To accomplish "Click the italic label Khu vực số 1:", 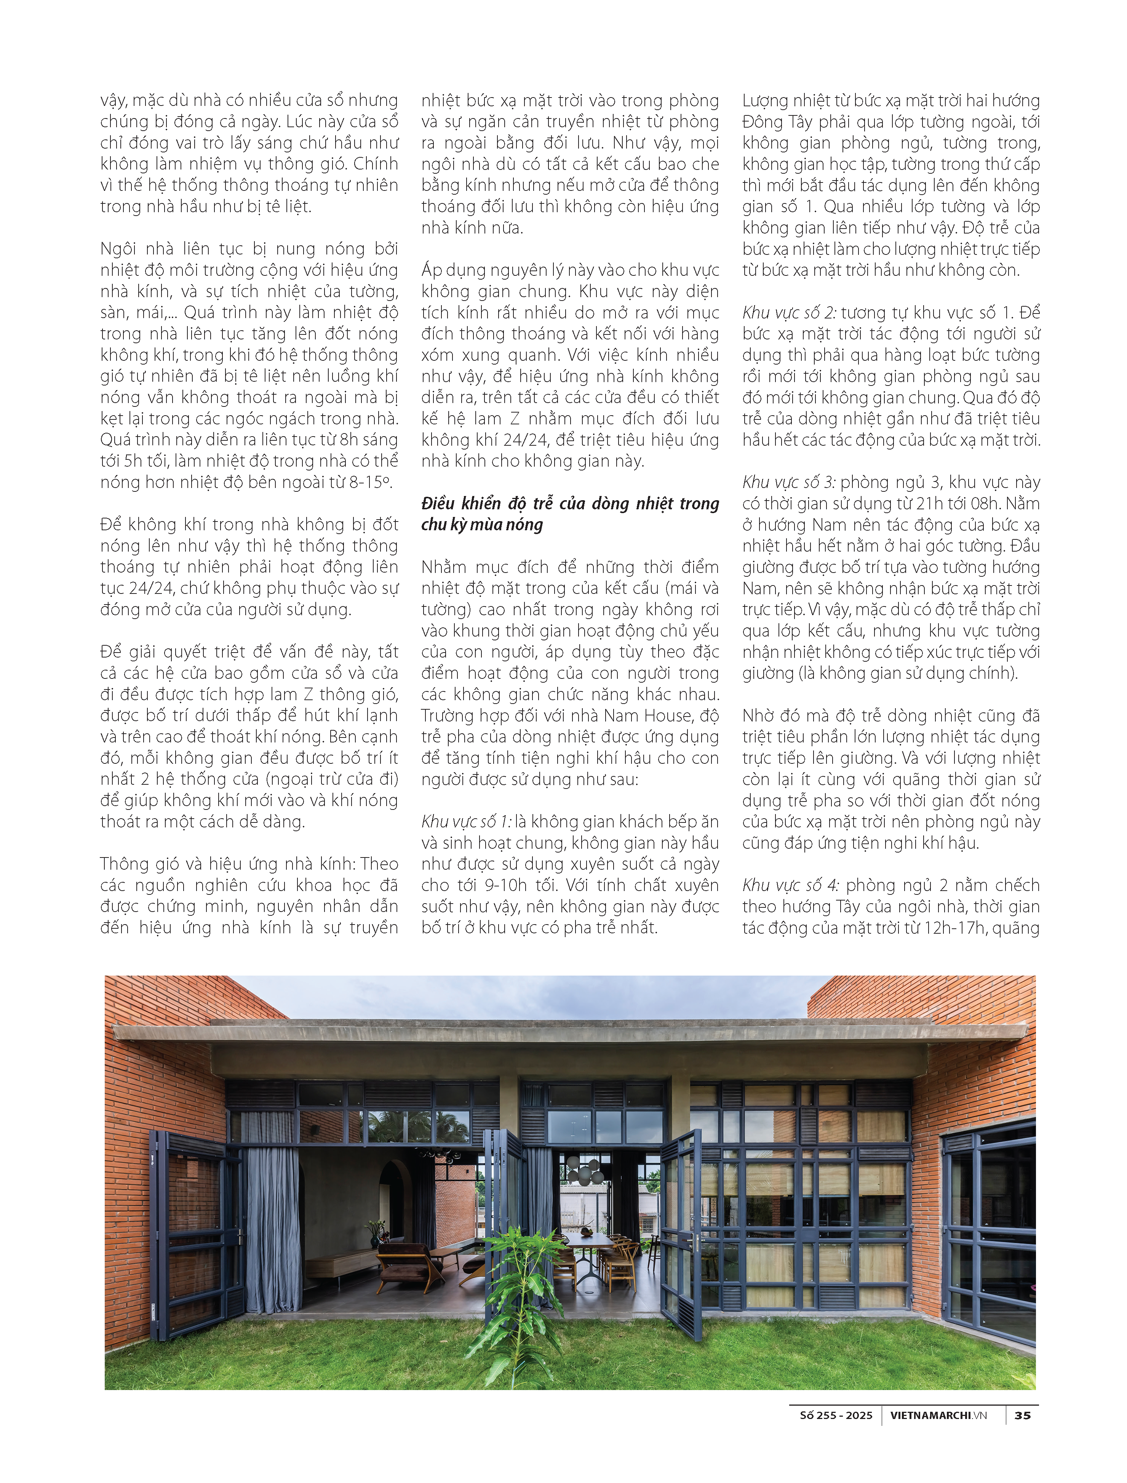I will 466,822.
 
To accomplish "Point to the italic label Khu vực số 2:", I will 789,313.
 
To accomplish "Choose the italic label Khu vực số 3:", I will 789,483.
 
